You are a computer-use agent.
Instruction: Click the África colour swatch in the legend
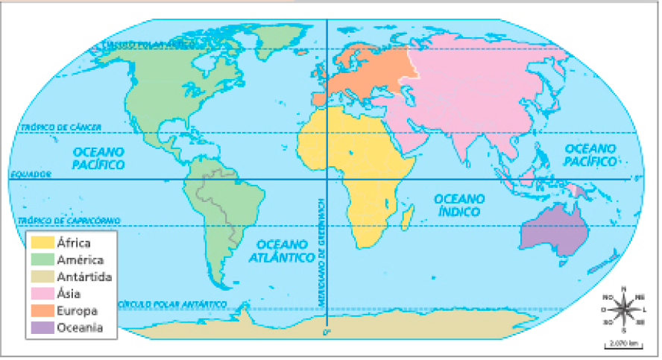click(x=41, y=242)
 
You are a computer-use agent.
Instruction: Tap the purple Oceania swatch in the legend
click(x=41, y=326)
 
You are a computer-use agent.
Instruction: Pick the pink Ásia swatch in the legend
click(x=41, y=293)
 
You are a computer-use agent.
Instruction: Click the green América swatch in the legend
click(x=41, y=259)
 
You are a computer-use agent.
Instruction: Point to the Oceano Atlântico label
click(x=282, y=251)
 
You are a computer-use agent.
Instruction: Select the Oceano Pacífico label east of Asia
click(x=590, y=155)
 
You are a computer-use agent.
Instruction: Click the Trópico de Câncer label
click(x=62, y=127)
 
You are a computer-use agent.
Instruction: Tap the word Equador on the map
click(x=31, y=174)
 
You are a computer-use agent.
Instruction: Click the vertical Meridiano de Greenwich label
click(x=320, y=253)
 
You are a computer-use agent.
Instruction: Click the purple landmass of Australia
click(x=552, y=229)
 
